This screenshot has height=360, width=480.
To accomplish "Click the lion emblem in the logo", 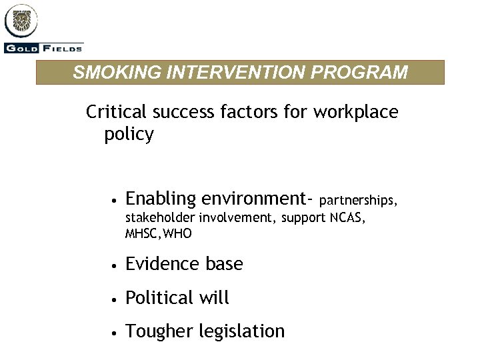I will coord(21,22).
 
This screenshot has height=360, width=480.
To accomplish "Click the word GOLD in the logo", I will coord(19,48).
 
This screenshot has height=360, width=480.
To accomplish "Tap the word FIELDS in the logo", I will coord(59,48).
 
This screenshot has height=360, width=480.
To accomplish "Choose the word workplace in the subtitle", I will coord(356,112).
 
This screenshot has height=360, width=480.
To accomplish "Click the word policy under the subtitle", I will coord(129,135).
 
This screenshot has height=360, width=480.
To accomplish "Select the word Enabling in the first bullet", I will coord(161,199).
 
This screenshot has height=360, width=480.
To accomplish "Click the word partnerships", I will coord(360,199).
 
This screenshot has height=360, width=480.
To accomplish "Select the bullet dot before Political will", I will coord(115,299).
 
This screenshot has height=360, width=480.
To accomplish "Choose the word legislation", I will coord(240,331).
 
